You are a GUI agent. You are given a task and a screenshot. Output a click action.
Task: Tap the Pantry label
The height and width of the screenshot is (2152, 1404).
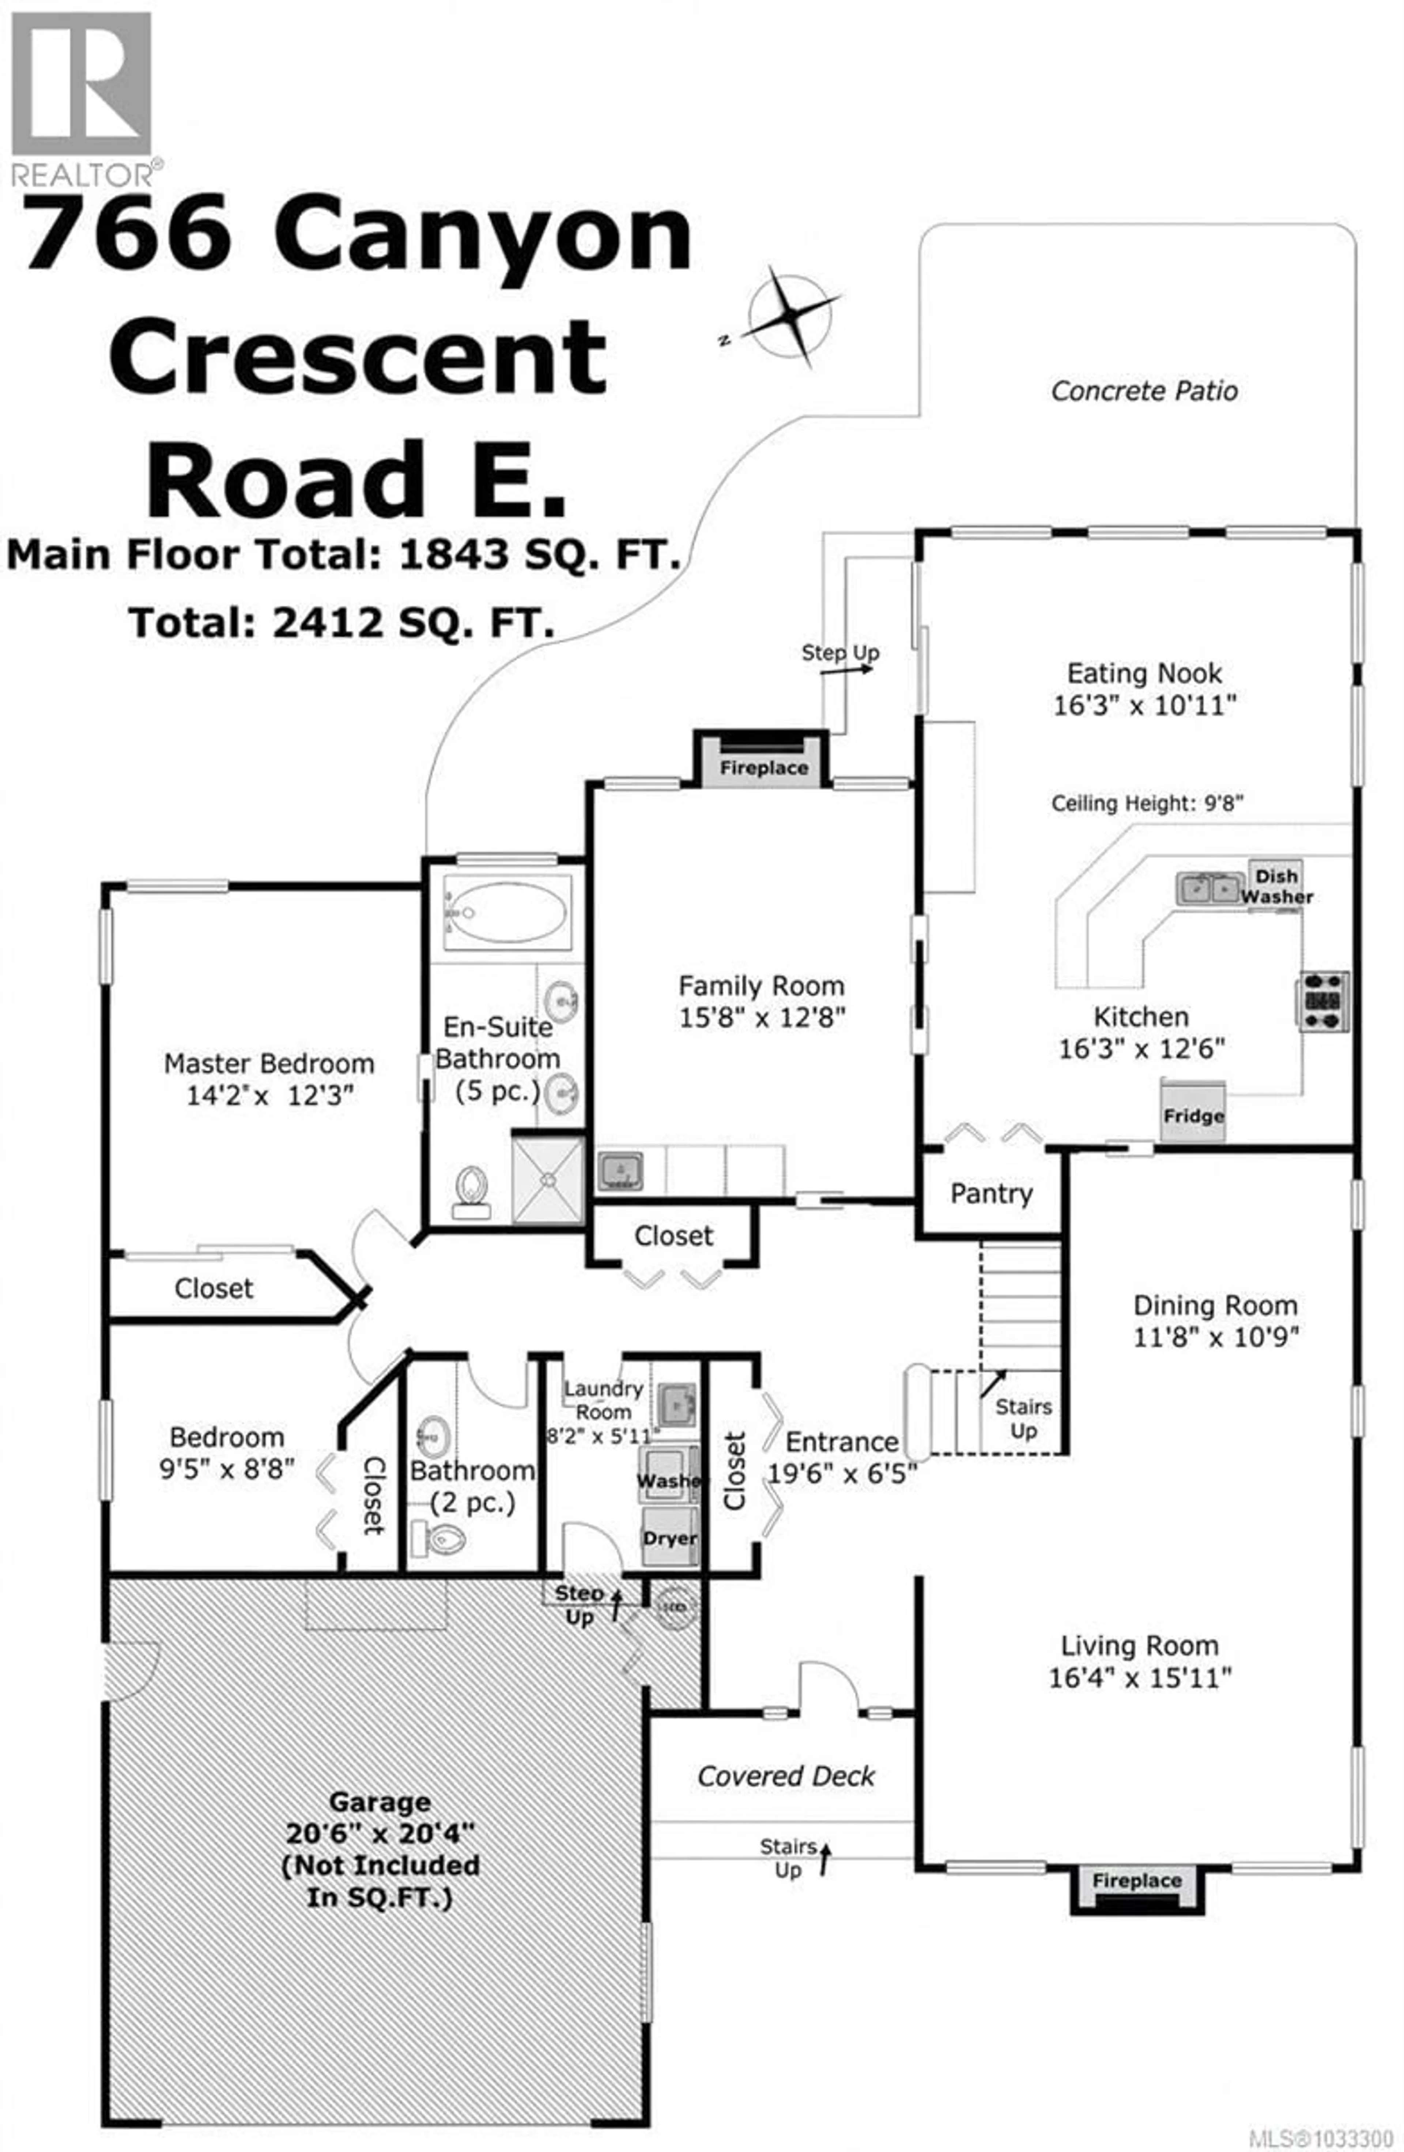tap(991, 1194)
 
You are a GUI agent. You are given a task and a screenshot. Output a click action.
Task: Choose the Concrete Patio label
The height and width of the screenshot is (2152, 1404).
tap(1144, 391)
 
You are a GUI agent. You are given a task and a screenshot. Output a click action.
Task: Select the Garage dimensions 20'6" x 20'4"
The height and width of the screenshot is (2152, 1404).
tap(380, 1833)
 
